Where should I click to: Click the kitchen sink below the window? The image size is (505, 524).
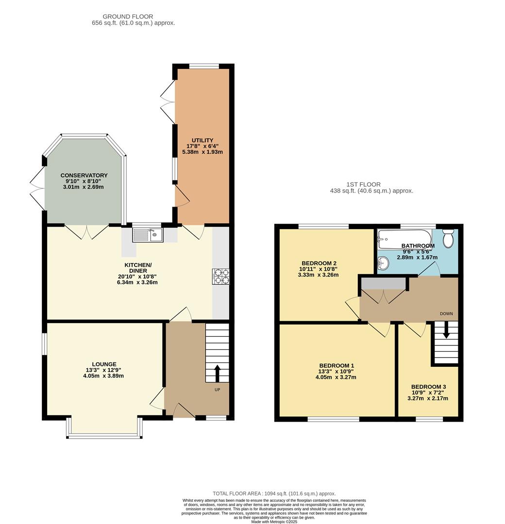148,235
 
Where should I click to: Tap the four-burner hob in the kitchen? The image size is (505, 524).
220,276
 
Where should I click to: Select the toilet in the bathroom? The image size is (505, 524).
448,238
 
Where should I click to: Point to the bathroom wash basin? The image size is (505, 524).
384,262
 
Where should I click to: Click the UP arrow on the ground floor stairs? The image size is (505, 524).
217,373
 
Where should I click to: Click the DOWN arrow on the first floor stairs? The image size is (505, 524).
446,331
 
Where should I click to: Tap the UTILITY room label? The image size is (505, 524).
200,140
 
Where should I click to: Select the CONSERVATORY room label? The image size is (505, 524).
84,175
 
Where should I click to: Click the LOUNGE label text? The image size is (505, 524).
104,364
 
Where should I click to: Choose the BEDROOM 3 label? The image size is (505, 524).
428,387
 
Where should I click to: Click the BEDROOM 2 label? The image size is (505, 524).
318,263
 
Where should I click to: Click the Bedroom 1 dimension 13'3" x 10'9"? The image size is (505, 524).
337,372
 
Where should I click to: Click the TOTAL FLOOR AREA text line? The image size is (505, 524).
274,493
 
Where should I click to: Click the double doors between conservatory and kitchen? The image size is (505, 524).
87,231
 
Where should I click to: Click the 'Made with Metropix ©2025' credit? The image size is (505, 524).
274,522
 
